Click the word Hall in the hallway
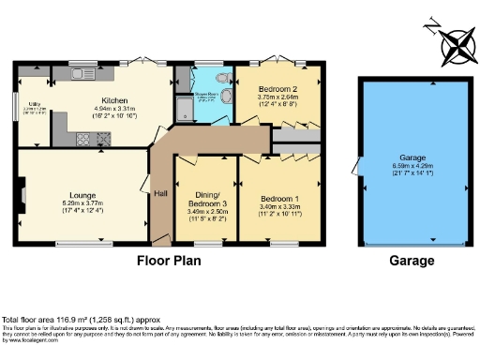coord(159,193)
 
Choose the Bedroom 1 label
coord(278,200)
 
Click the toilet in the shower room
coord(223,80)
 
